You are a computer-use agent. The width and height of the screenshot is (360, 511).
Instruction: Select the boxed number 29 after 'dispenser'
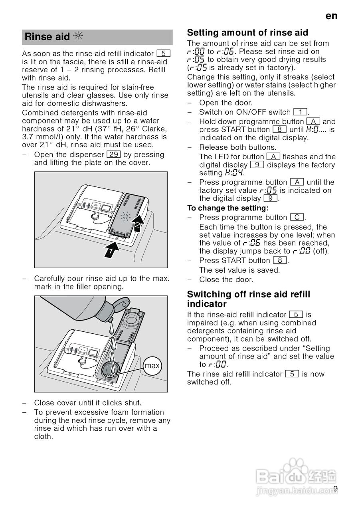114,154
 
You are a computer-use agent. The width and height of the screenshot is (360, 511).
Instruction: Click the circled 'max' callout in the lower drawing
152,366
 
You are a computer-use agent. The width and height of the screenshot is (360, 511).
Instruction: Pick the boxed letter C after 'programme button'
297,218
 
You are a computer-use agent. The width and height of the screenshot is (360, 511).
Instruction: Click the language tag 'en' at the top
331,16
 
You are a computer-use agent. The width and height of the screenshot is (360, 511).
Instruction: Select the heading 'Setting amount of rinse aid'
247,33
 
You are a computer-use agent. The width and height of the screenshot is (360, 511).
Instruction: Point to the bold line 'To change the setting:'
228,208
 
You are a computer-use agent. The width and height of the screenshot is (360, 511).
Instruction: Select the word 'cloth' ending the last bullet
43,436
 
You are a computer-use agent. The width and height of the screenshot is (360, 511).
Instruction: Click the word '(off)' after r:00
322,251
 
